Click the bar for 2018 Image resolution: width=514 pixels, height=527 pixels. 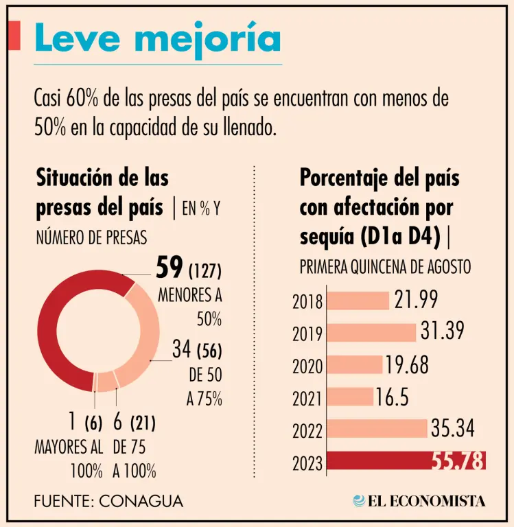(x=358, y=301)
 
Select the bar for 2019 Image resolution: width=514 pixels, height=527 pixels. (x=372, y=332)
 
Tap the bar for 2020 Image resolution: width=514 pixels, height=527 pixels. (x=355, y=365)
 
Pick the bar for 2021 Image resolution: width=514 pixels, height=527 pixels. (x=351, y=397)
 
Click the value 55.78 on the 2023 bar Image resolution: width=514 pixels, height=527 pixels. (x=458, y=461)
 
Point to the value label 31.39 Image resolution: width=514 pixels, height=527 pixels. (x=443, y=331)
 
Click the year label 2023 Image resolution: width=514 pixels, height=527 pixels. (x=307, y=464)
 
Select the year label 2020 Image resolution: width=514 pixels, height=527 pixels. (x=307, y=366)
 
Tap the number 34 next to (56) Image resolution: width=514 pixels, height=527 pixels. (x=181, y=350)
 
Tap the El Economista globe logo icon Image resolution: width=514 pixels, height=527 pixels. (x=359, y=501)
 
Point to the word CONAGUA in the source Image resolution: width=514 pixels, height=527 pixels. (x=141, y=501)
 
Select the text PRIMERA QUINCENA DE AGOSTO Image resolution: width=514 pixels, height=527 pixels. (x=386, y=267)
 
